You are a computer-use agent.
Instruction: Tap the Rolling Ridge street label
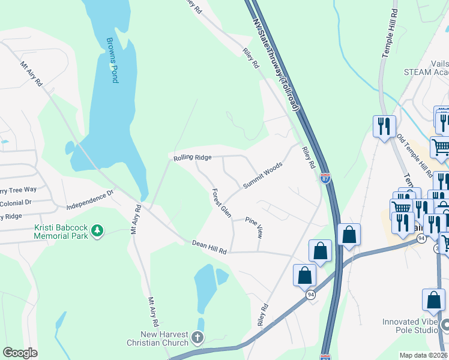192,157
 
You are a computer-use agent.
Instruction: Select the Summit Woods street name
262,175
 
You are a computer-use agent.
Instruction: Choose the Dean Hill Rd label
209,247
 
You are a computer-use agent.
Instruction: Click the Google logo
20,353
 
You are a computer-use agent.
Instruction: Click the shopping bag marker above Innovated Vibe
433,301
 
